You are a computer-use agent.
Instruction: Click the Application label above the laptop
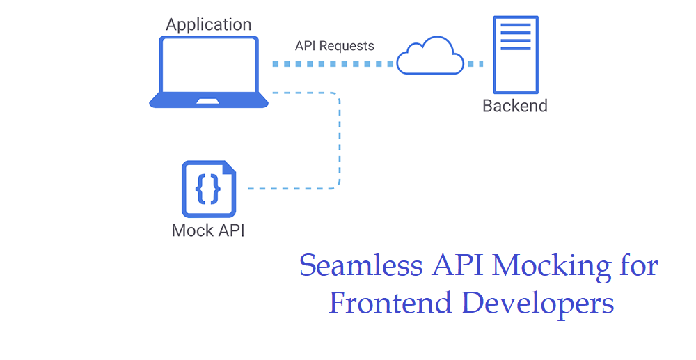click(x=208, y=25)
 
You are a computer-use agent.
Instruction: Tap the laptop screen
click(x=209, y=67)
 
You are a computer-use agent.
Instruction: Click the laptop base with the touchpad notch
click(x=209, y=102)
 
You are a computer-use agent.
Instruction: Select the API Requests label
click(x=334, y=46)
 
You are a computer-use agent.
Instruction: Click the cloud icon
click(x=429, y=56)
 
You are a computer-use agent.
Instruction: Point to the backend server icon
click(x=515, y=54)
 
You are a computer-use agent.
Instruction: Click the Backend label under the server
click(x=515, y=107)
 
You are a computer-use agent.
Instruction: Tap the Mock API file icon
click(x=208, y=189)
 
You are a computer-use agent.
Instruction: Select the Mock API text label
click(x=208, y=230)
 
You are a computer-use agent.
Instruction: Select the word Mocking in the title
click(x=544, y=266)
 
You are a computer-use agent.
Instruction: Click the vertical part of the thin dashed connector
click(x=340, y=139)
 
